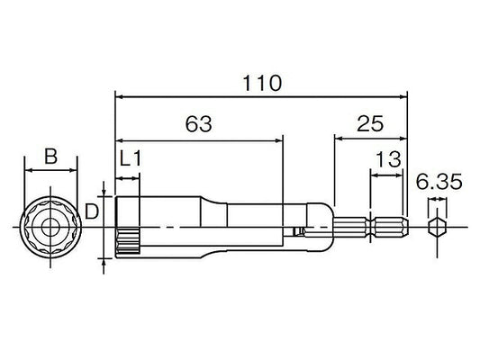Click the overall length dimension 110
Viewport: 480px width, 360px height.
(x=262, y=83)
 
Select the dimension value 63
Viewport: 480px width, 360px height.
(x=199, y=124)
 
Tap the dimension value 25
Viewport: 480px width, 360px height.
(x=370, y=123)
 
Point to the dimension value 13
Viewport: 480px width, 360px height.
(x=388, y=159)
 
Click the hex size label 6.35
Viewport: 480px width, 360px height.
(x=439, y=182)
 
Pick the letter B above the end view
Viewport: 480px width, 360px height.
(x=50, y=156)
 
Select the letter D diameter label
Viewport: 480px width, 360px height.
(x=91, y=211)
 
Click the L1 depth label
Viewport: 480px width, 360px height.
(x=131, y=158)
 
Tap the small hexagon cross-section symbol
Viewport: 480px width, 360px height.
(x=437, y=228)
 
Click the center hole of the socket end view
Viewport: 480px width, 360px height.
(x=50, y=228)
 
